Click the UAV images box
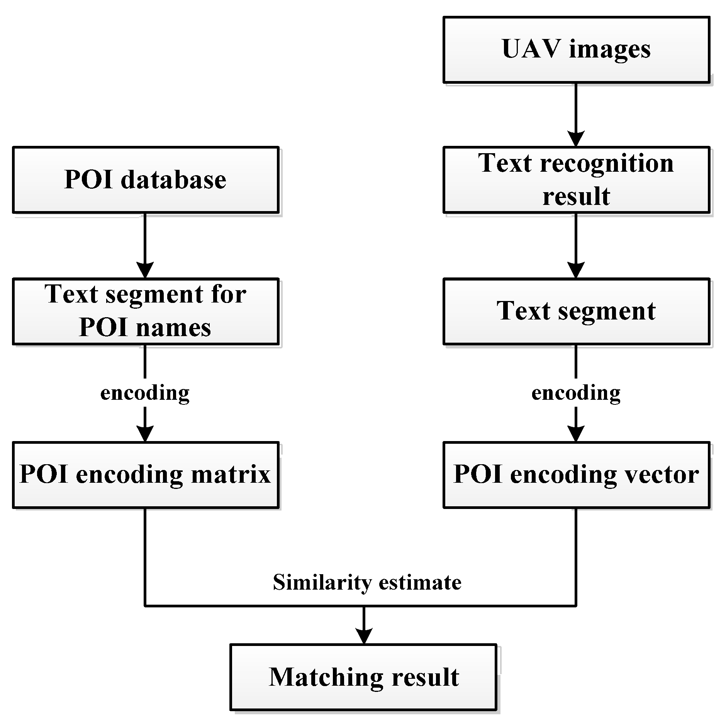point(576,49)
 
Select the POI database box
point(146,180)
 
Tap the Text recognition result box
point(576,180)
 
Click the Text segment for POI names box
point(146,311)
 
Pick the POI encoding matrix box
point(146,475)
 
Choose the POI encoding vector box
point(576,475)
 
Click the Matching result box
point(363,677)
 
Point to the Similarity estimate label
point(367,582)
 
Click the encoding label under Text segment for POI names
point(145,393)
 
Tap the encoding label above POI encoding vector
point(576,393)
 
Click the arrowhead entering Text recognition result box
point(576,139)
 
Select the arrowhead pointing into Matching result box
point(364,636)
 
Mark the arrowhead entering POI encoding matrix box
point(145,434)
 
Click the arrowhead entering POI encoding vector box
point(576,434)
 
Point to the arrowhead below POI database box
point(145,270)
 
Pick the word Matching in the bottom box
point(326,677)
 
